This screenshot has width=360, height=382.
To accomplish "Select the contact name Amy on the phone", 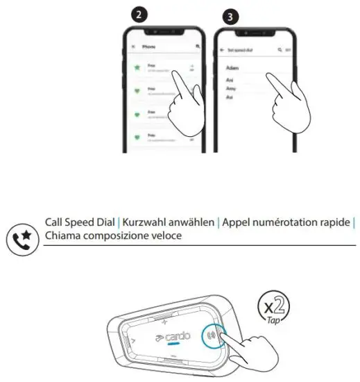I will click(232, 89).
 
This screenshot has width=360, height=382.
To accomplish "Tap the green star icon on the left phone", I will click(137, 68).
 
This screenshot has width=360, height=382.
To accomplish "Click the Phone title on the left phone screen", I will click(149, 47).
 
